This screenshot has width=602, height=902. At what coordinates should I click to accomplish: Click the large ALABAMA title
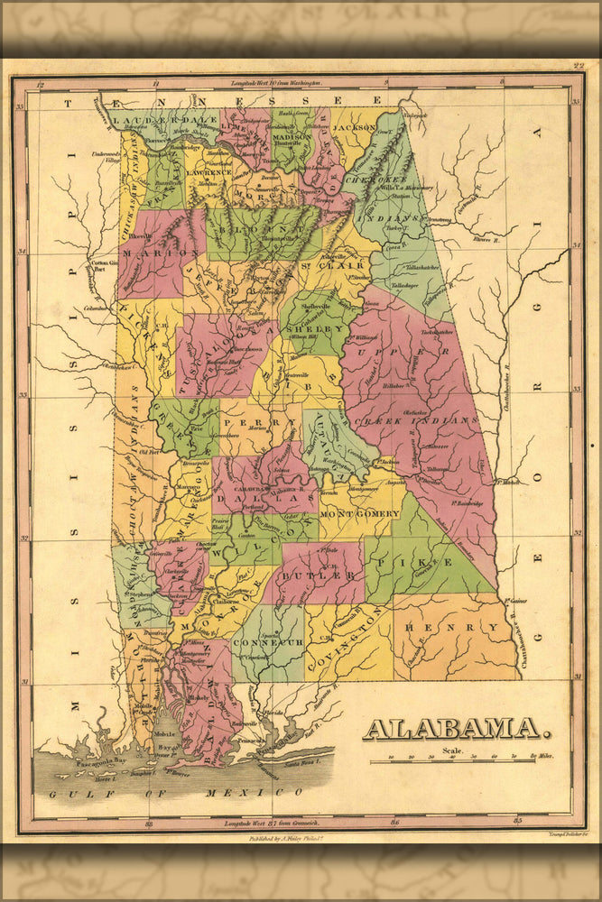click(x=451, y=729)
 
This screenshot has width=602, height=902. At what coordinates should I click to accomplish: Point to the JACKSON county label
click(x=354, y=128)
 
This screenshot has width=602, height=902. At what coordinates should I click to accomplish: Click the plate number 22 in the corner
click(x=578, y=66)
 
